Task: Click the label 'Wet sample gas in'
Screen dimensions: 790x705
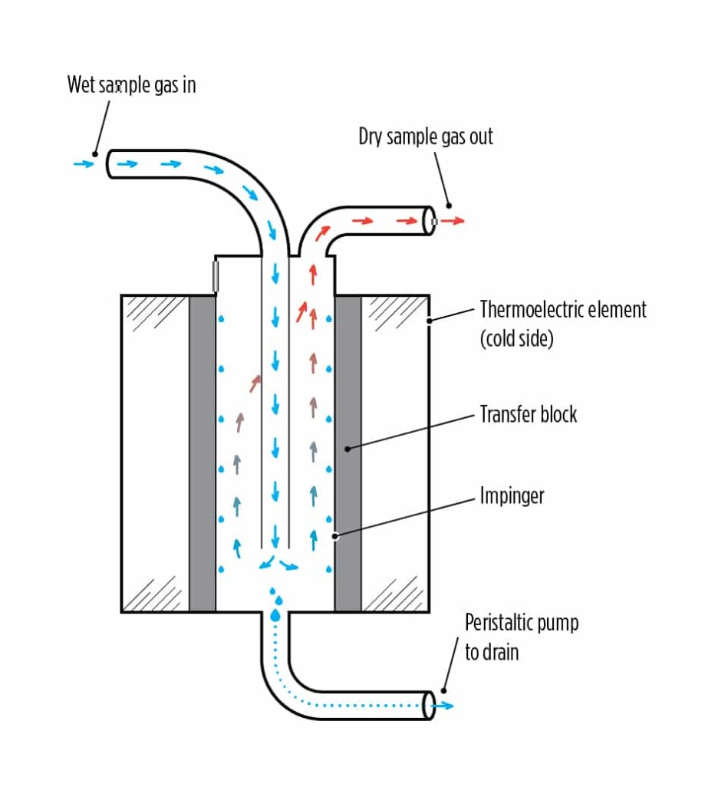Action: (x=131, y=84)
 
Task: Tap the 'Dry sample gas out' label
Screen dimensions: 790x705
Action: (x=426, y=137)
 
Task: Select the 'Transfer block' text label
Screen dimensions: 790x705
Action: (x=528, y=415)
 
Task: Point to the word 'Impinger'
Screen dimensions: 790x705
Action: (x=512, y=495)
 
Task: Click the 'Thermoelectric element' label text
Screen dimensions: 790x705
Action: (x=563, y=310)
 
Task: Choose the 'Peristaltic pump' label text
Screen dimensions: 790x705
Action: (x=521, y=622)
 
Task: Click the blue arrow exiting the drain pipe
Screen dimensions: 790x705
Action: (x=444, y=706)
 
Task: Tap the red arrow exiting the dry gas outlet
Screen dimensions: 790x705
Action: (x=453, y=221)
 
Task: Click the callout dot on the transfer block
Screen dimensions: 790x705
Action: (x=348, y=449)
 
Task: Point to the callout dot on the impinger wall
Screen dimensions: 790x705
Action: (x=335, y=536)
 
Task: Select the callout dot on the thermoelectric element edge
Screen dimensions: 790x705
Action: (x=429, y=321)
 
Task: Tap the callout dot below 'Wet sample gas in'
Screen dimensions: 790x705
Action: (x=96, y=153)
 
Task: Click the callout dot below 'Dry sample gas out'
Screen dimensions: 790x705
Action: (x=448, y=206)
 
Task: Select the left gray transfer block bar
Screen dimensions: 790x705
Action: (x=203, y=453)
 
